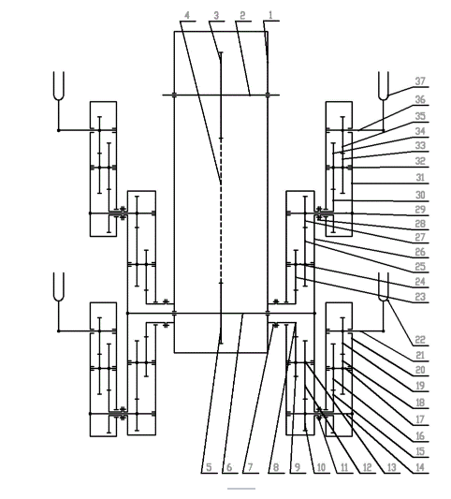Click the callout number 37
tap(420, 81)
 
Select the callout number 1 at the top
tap(270, 15)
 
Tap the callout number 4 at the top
tap(187, 15)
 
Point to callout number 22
tap(420, 340)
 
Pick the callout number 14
tap(420, 467)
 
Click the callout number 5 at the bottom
tap(209, 467)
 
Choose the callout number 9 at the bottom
tap(298, 467)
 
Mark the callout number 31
tap(420, 178)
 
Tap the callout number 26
tap(420, 252)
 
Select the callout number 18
tap(420, 403)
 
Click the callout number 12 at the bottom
tap(367, 467)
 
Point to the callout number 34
tap(420, 131)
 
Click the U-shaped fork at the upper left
tap(59, 86)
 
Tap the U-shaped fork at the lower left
tap(59, 287)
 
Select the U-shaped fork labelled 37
tap(384, 86)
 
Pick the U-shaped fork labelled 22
tap(384, 287)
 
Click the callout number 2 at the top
tap(242, 15)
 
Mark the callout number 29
tap(420, 210)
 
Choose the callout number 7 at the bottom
tap(250, 467)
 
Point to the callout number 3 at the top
tap(216, 15)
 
